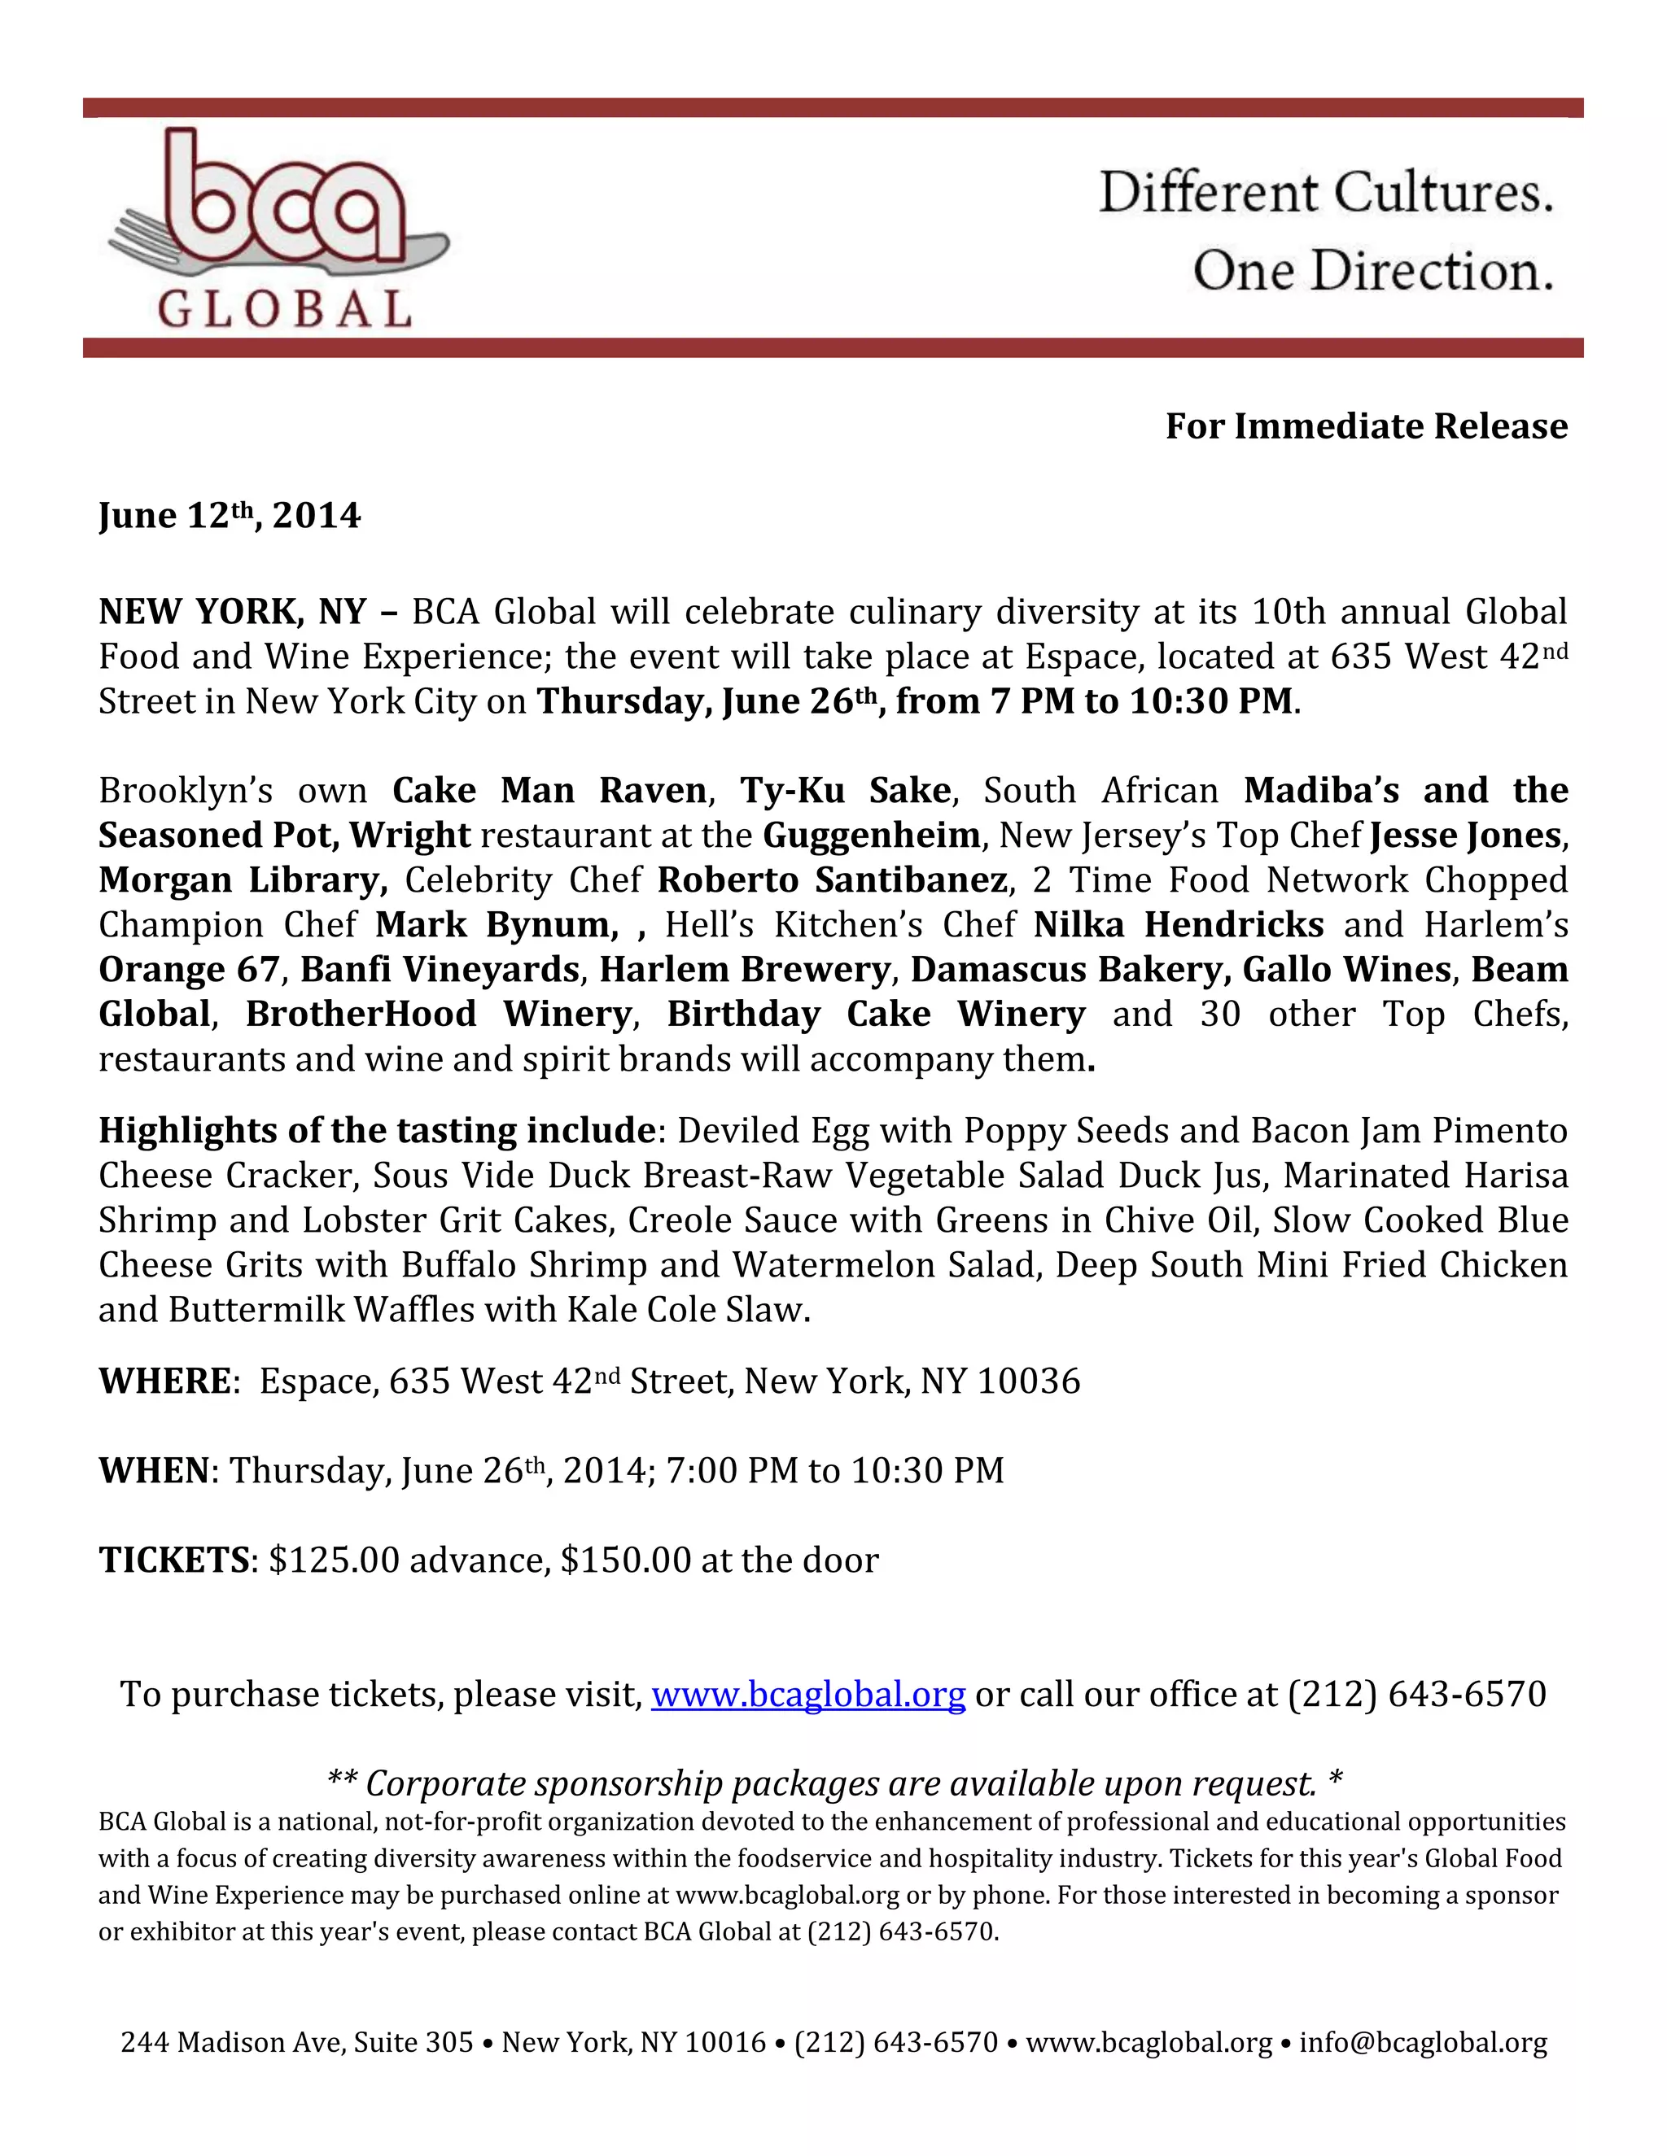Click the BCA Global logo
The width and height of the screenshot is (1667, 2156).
277,229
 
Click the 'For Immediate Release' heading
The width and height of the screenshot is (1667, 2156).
1366,426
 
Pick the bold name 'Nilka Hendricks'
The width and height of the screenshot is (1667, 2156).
1178,925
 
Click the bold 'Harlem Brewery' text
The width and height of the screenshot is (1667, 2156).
745,970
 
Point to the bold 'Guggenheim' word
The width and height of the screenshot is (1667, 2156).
871,836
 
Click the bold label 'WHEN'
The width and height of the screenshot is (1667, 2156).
154,1471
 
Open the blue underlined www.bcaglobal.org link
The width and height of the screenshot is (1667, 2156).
807,1694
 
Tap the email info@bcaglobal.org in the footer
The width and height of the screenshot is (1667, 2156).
1423,2042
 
